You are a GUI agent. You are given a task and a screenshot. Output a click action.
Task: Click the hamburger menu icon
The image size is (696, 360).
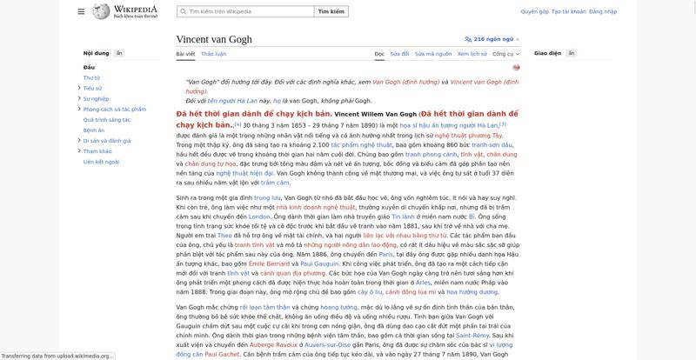click(x=81, y=11)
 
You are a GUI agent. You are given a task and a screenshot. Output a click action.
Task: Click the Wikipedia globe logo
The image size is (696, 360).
click(x=104, y=11)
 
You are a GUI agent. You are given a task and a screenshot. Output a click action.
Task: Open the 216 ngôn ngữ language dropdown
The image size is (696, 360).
click(x=494, y=39)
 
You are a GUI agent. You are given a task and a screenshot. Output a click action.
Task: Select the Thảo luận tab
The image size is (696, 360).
click(x=213, y=54)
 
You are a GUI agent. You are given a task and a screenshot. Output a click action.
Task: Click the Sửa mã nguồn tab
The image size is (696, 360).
click(x=433, y=54)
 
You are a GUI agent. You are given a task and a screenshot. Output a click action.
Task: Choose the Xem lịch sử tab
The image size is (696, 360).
click(x=472, y=54)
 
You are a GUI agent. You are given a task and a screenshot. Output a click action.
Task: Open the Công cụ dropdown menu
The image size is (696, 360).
click(x=505, y=54)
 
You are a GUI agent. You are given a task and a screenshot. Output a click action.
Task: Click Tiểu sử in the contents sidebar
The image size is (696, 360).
click(x=93, y=88)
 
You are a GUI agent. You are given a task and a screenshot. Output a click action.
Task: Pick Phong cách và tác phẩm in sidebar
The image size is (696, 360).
click(x=114, y=110)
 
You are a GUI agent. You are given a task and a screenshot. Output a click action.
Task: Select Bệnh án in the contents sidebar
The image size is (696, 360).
click(x=94, y=130)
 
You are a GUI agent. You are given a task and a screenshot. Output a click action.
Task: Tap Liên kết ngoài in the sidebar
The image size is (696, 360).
click(x=100, y=162)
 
